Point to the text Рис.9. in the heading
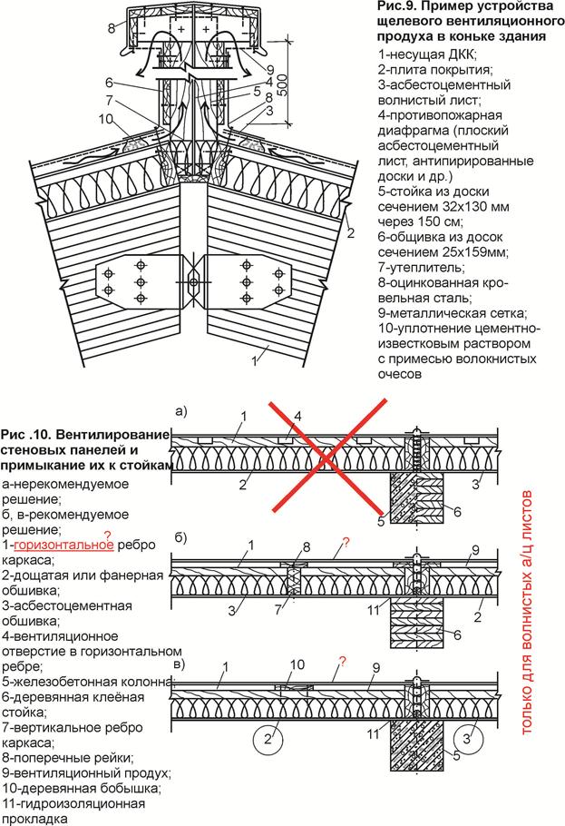pyautogui.click(x=395, y=8)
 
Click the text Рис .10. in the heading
pyautogui.click(x=28, y=434)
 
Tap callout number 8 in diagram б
pyautogui.click(x=307, y=547)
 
